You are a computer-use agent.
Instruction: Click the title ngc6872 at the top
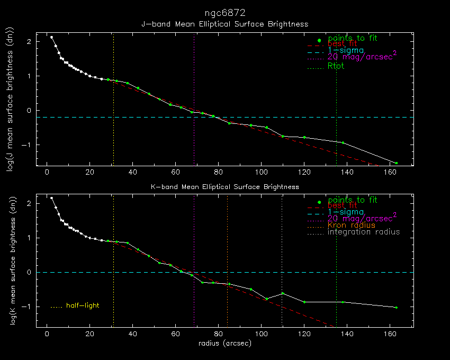(224, 12)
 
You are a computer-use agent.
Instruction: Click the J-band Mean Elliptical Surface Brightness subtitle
(224, 24)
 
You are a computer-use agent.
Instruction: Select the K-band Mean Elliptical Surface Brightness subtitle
(225, 187)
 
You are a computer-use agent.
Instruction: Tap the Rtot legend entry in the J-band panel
(336, 66)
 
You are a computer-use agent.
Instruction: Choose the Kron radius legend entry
(352, 225)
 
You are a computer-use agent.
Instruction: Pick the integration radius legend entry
(364, 232)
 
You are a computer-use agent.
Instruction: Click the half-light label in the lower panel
(83, 305)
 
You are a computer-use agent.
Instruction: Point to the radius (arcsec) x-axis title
(224, 343)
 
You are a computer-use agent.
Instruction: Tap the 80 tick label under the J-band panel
(218, 172)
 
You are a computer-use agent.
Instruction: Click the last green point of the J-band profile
(396, 163)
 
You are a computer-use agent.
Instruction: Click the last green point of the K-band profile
(396, 308)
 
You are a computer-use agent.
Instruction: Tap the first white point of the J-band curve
(51, 37)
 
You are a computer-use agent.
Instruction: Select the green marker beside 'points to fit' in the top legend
(319, 41)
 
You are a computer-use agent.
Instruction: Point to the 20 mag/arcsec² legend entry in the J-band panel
(362, 57)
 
